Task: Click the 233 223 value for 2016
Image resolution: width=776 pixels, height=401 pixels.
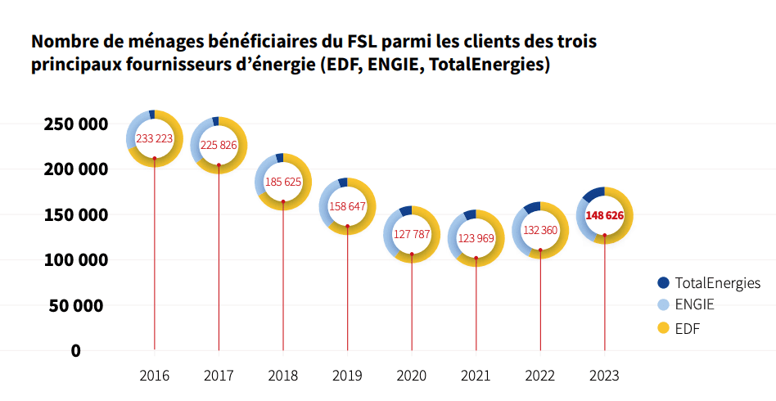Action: pos(154,138)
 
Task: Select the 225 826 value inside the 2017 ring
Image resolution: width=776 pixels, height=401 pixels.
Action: pos(219,145)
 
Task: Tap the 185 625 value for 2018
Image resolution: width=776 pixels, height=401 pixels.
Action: pos(283,181)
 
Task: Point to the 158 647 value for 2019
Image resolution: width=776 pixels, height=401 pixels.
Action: pos(347,206)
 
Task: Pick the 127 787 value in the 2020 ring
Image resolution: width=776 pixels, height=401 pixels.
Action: pos(412,234)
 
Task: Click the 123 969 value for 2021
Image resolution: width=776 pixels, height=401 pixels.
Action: pos(476,238)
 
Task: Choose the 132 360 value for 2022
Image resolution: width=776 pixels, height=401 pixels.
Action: pos(540,230)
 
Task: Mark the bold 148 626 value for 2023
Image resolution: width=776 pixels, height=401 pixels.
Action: pos(605,215)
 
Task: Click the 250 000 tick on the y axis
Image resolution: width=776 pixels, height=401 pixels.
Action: pos(74,124)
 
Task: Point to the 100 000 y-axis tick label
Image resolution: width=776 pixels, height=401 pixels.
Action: pos(74,260)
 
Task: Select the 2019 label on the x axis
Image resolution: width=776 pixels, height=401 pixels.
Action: pos(347,376)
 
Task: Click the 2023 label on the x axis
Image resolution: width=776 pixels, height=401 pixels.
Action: pos(605,376)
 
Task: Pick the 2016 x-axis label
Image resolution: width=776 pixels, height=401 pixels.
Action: pos(154,376)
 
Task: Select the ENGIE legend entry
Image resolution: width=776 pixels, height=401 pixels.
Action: pos(694,305)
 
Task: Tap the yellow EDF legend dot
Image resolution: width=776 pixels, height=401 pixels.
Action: pos(663,328)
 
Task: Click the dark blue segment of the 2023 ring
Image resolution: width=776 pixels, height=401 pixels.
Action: pos(593,194)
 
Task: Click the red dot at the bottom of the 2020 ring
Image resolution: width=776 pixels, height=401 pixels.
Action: pos(412,255)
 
